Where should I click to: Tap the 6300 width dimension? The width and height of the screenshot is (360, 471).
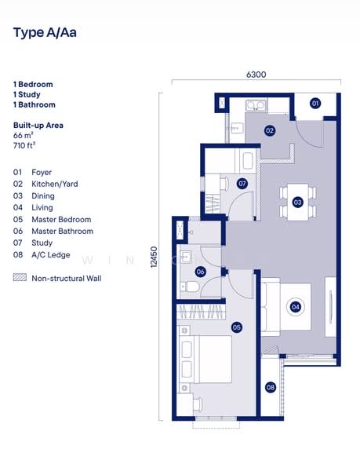click(256, 75)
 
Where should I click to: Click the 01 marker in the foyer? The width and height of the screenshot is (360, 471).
click(315, 104)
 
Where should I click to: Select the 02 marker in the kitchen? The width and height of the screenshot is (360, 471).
click(269, 130)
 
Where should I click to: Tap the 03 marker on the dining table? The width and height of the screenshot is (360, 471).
click(297, 202)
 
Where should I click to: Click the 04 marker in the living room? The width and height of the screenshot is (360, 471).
click(296, 307)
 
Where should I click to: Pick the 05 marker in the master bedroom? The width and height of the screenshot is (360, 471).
click(236, 327)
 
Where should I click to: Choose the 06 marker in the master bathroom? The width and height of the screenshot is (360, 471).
click(201, 272)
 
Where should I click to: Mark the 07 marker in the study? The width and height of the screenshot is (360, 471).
click(242, 184)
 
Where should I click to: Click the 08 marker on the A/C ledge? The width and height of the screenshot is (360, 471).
click(270, 387)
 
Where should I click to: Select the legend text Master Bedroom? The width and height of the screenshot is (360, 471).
click(61, 220)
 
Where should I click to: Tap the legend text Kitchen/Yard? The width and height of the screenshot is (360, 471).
click(54, 184)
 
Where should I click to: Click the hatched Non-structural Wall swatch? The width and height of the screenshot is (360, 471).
click(20, 278)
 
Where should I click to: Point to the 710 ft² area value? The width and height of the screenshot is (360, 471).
click(24, 145)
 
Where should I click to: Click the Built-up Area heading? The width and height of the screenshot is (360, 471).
click(38, 126)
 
